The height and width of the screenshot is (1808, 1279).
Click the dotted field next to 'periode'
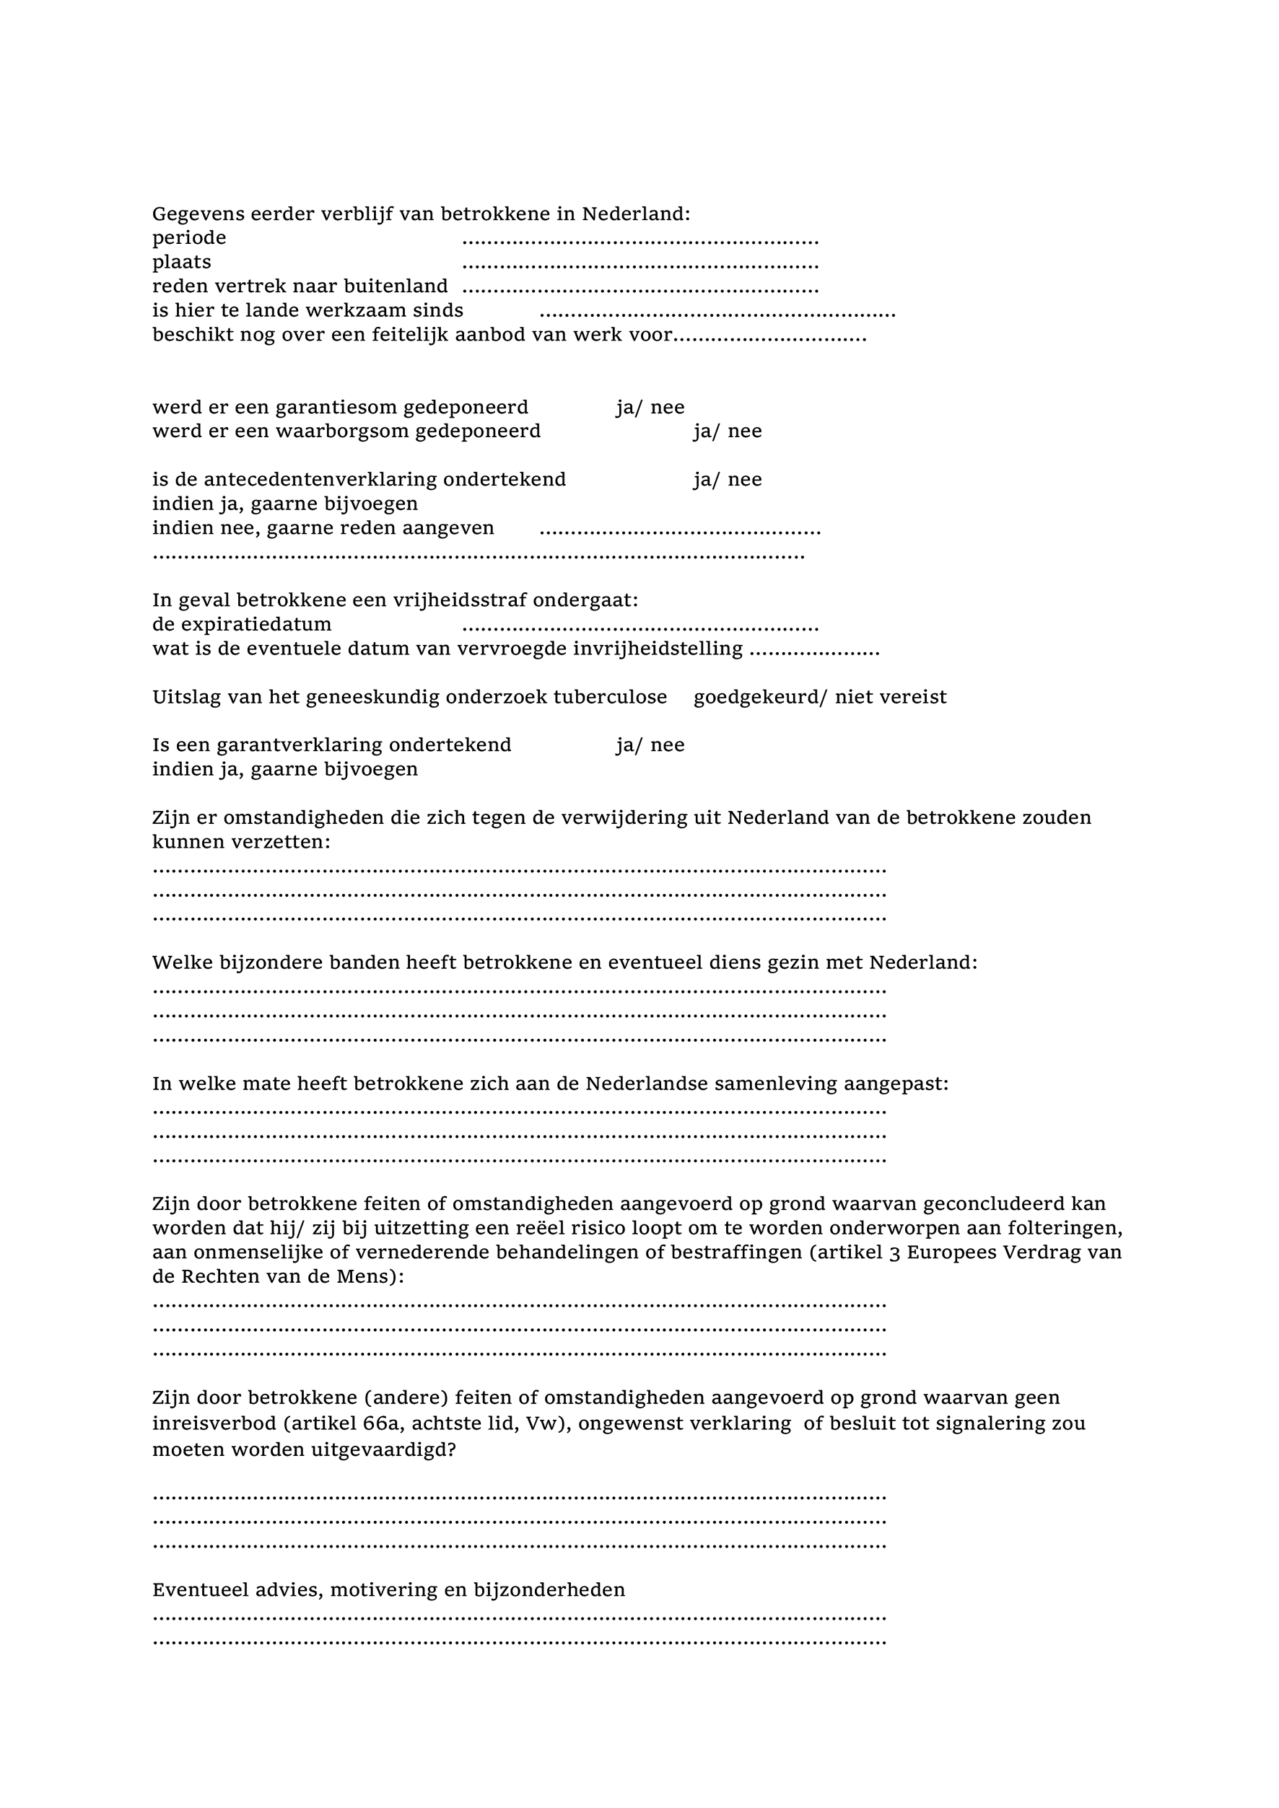click(639, 240)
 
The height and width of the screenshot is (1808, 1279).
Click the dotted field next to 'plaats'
click(639, 265)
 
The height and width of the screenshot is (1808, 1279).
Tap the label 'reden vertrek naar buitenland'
click(300, 286)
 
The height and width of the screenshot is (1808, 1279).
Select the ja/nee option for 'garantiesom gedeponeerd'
click(650, 407)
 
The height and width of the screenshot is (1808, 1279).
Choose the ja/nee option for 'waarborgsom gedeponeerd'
click(727, 431)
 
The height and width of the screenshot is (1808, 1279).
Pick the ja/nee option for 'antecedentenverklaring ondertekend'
click(727, 480)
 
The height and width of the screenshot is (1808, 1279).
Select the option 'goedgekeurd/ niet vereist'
click(820, 697)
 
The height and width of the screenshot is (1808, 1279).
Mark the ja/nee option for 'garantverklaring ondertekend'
click(650, 745)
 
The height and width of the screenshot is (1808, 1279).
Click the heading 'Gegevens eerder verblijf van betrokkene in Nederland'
click(421, 214)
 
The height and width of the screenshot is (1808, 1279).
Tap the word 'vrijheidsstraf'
click(461, 600)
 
